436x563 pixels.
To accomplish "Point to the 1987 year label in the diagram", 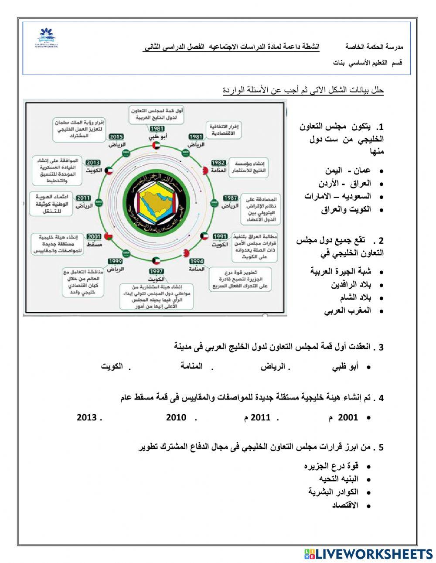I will click(230, 198).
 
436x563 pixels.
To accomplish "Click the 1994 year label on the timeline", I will click(196, 261).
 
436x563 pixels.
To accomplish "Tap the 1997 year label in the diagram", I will click(156, 271).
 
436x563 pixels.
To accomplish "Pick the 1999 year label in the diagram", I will click(115, 261).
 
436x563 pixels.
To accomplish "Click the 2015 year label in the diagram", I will click(116, 136).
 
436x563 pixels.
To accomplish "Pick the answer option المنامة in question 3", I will click(191, 366).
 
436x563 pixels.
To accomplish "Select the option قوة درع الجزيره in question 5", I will click(331, 466).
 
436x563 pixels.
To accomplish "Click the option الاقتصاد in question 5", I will click(345, 505).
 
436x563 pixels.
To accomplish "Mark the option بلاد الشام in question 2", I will click(355, 298).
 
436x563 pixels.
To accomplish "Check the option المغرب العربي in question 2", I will click(347, 311).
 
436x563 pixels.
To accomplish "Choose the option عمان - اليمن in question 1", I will click(347, 171).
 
